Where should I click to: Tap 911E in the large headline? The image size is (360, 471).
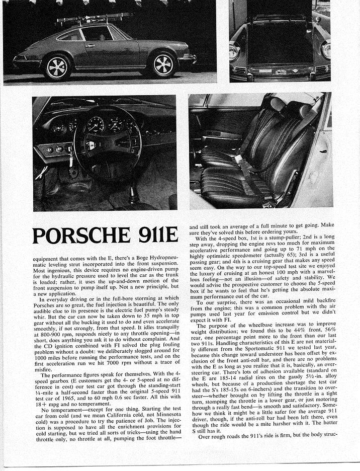(151, 236)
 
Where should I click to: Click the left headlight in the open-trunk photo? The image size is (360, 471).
(234, 50)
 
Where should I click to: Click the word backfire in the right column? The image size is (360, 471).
(327, 292)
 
